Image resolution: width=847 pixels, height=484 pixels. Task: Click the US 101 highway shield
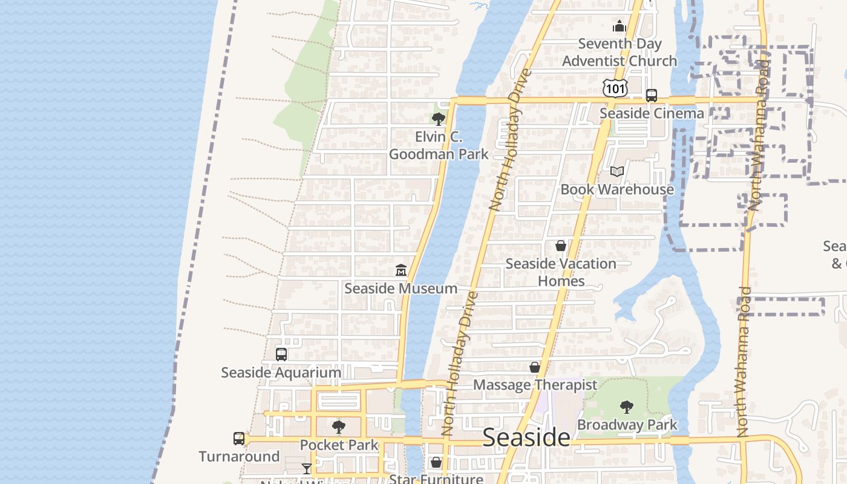[x=615, y=88]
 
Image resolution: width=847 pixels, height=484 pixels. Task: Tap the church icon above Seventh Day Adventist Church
[x=619, y=26]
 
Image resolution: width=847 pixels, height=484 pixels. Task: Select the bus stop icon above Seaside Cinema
[x=652, y=96]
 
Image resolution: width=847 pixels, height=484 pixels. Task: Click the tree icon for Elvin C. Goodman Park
[x=439, y=119]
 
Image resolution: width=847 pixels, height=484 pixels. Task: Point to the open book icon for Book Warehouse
[x=616, y=172]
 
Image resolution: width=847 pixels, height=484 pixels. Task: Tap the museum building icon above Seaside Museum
[x=401, y=270]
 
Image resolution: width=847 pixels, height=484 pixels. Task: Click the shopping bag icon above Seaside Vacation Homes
[x=561, y=246]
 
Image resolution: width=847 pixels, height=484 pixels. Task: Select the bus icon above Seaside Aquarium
[x=281, y=355]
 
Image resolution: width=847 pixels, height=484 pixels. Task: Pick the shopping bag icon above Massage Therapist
[x=535, y=367]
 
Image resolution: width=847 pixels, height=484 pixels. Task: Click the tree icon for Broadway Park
[x=627, y=407]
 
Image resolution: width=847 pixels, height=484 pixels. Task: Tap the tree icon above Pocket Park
[x=339, y=427]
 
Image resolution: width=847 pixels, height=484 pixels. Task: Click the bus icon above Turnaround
[x=240, y=439]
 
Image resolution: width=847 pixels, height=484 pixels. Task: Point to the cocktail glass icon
[x=307, y=468]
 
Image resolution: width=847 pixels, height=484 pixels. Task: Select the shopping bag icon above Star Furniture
[x=436, y=463]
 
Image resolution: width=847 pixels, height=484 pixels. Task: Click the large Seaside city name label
[x=526, y=438]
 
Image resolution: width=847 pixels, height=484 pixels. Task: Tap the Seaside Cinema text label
[x=652, y=114]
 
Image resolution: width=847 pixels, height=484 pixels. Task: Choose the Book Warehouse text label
[x=616, y=189]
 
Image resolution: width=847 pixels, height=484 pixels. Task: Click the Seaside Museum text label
[x=401, y=289]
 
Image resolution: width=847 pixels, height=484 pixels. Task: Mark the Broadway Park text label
[x=627, y=425]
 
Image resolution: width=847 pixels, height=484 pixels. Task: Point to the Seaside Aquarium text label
[x=281, y=373]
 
